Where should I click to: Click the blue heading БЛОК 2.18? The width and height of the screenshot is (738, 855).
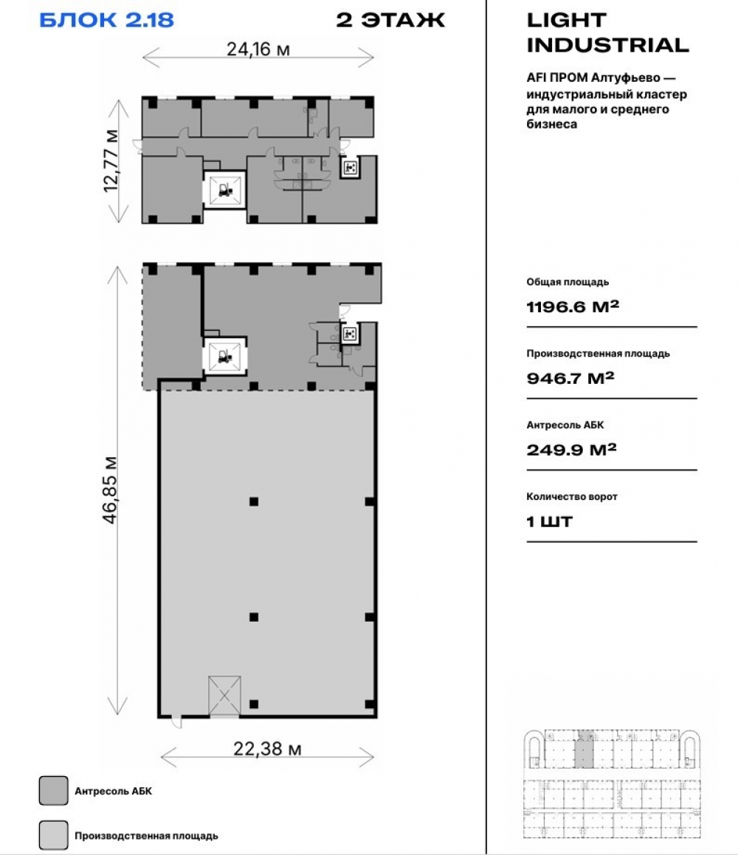107,20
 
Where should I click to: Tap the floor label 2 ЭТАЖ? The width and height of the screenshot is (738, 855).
390,20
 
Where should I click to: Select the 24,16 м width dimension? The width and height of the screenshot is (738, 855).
258,50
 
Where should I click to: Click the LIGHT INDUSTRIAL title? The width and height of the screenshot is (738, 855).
607,32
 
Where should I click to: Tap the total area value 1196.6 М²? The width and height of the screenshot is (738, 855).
572,306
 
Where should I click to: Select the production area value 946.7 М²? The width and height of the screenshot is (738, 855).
570,378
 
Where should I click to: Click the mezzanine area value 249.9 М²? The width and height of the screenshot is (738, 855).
571,450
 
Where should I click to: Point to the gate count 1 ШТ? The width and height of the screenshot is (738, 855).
549,522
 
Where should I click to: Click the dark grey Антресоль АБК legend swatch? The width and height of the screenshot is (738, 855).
53,791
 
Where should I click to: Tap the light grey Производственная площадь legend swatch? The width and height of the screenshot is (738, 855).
53,835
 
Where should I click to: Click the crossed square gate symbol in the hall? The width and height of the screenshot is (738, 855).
224,696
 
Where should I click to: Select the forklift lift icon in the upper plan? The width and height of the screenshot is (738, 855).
224,190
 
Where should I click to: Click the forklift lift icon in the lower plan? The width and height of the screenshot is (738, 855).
224,356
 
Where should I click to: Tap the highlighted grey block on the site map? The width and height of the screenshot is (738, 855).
584,749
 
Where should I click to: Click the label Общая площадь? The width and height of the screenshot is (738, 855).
568,283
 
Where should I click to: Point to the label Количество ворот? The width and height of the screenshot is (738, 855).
572,497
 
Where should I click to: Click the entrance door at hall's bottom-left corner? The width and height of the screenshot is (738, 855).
176,722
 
